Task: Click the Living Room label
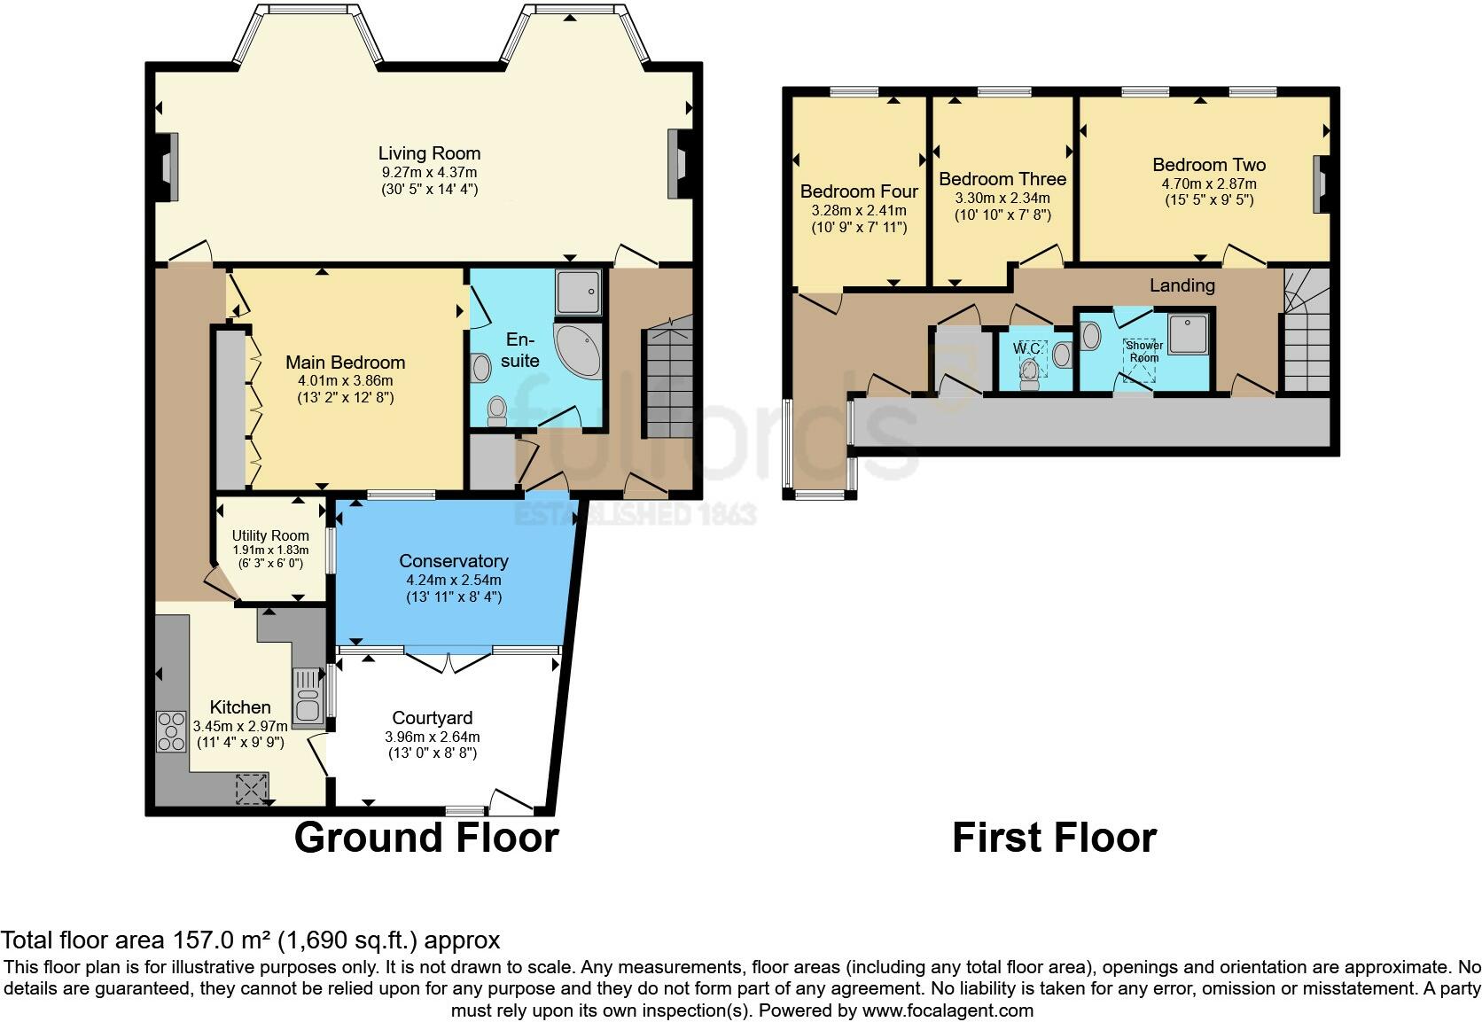429,153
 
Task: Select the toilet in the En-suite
496,410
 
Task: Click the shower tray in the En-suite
580,292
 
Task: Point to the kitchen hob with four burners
170,731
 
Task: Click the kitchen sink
307,695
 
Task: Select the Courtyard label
433,718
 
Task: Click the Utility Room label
270,535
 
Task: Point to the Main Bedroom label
345,363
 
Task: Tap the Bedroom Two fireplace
1320,184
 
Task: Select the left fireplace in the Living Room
168,166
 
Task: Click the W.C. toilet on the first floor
1030,373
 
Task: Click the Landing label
1182,285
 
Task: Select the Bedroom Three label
1002,179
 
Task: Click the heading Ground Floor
425,838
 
